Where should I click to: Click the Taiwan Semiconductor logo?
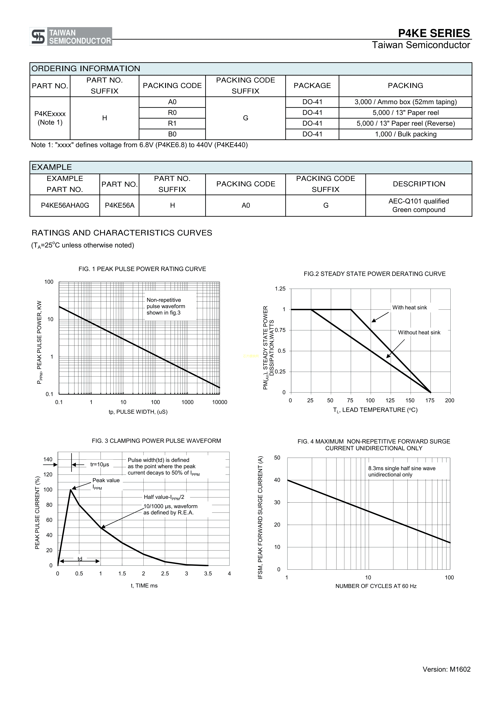(71, 37)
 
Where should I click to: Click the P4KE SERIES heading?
(434, 33)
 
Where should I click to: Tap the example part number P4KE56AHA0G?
(65, 205)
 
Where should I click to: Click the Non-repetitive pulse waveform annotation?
(166, 306)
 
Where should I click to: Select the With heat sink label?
(409, 308)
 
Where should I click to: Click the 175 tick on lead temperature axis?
(430, 400)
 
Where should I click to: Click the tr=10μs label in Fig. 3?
(100, 464)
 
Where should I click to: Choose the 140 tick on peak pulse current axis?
(48, 460)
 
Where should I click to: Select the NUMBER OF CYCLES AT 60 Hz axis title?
(376, 586)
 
